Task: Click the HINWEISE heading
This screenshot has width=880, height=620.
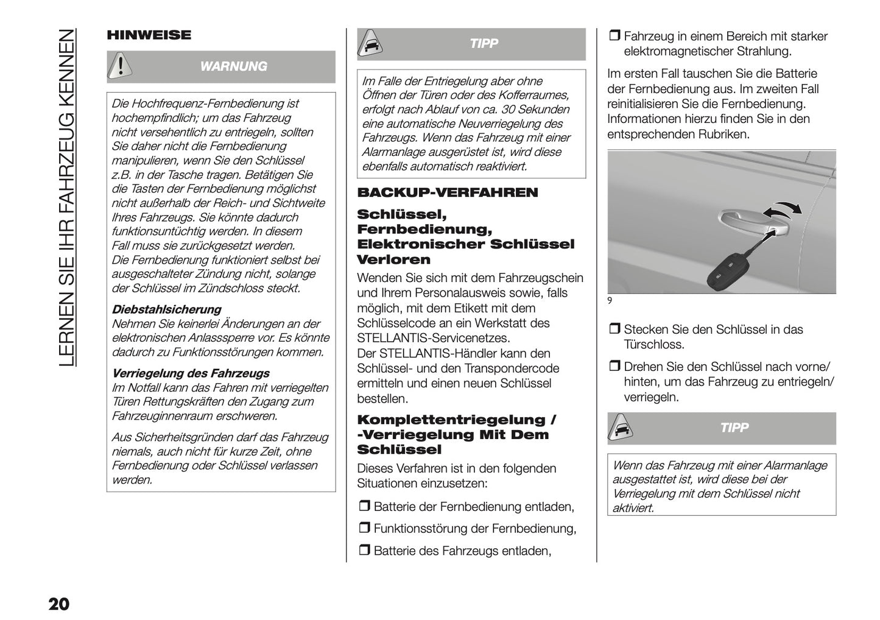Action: [x=149, y=35]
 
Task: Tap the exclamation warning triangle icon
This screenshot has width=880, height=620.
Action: [x=121, y=66]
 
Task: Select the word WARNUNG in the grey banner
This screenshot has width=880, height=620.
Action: [x=233, y=66]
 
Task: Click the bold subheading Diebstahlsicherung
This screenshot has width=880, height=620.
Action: [x=166, y=309]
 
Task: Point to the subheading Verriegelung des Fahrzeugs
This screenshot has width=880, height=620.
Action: [x=190, y=373]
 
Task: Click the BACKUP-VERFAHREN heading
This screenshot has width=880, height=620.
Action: [x=448, y=193]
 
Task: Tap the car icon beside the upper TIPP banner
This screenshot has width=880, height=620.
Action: [x=370, y=44]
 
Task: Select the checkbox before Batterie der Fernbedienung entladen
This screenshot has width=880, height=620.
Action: [x=364, y=507]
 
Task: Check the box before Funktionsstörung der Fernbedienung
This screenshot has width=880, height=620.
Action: [x=364, y=529]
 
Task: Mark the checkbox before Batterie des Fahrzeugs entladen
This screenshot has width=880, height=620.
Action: [x=364, y=551]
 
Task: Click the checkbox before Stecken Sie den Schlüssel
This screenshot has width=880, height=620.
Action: [x=614, y=330]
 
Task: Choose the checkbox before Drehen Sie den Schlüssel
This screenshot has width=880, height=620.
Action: [x=614, y=367]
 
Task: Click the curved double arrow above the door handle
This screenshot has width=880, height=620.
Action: [x=783, y=210]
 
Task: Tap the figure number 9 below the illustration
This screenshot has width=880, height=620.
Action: [x=610, y=300]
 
